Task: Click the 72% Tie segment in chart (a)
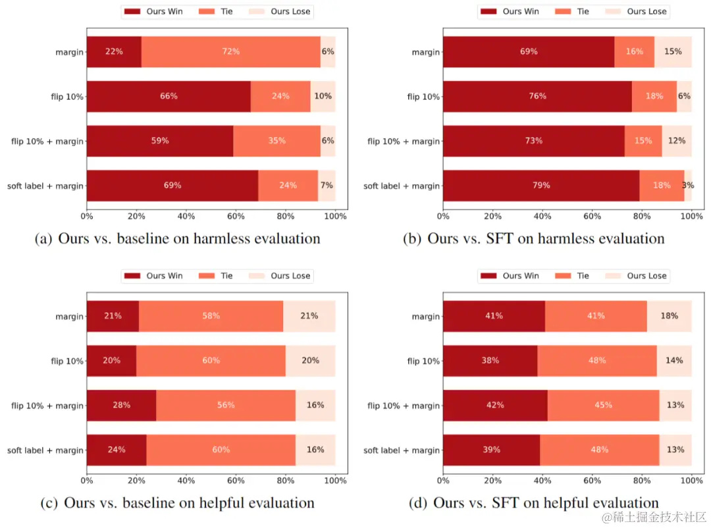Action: coord(230,51)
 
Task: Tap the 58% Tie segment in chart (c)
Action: coord(211,316)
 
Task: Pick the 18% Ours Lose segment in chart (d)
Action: coord(669,316)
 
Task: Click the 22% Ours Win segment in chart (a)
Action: coord(114,51)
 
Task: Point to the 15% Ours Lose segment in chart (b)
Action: coord(673,51)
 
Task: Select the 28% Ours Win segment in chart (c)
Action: coord(121,406)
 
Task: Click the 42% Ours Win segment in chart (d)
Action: coord(494,406)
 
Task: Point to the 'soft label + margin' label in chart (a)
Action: coord(45,186)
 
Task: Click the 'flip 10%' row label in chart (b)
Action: coord(423,97)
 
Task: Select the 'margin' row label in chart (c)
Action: coord(69,317)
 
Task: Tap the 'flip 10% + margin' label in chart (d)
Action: coord(403,406)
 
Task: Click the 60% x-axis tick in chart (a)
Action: coord(236,215)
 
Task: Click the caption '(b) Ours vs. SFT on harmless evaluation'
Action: coord(533,238)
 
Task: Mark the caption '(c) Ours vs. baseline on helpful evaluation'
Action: coord(177,503)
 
